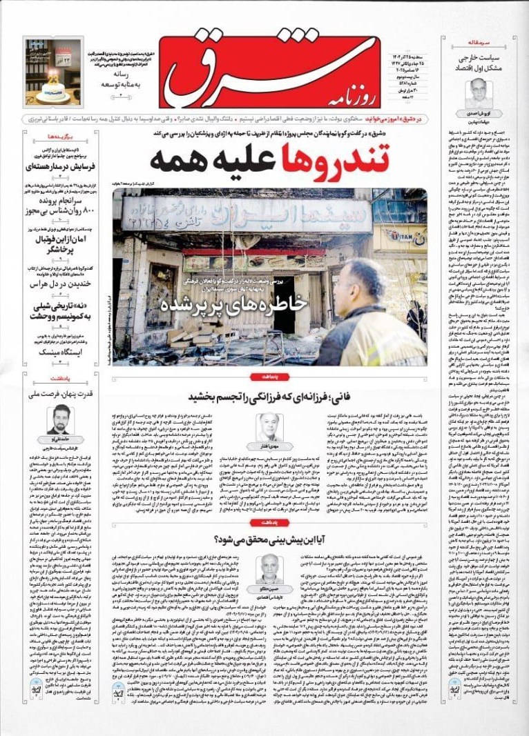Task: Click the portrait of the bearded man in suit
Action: (59, 419)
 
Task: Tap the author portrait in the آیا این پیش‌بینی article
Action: (269, 568)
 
